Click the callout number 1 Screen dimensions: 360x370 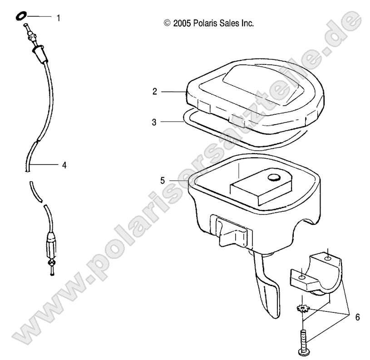59,18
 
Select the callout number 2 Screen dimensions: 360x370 154,92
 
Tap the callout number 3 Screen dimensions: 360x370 154,122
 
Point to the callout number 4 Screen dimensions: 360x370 64,165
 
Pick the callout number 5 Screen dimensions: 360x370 162,180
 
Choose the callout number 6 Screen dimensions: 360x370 357,317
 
